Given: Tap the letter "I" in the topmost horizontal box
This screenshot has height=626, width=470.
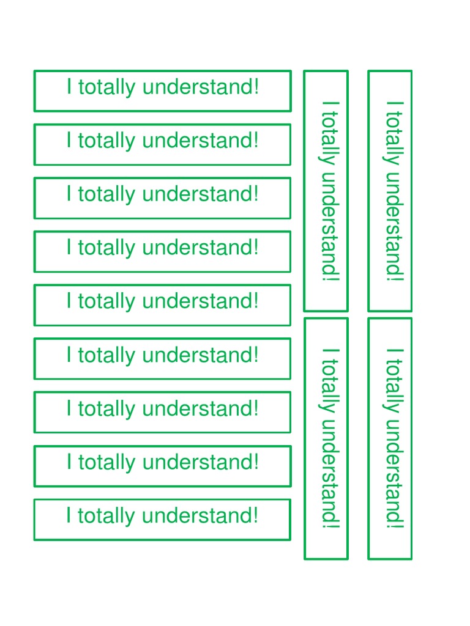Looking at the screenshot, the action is tap(69, 87).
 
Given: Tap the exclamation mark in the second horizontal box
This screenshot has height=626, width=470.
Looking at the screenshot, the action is tap(256, 141).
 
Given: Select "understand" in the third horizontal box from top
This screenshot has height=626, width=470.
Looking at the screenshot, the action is tap(197, 194).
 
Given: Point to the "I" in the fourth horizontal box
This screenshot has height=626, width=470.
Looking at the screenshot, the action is tap(69, 248).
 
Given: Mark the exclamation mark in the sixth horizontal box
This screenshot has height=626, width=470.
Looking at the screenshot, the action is tap(256, 355).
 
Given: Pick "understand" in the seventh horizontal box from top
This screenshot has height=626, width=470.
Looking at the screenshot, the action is tap(197, 408).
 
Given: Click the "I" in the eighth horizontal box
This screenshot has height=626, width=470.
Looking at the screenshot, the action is tap(69, 462).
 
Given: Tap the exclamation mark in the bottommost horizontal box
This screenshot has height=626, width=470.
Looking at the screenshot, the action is tap(256, 515).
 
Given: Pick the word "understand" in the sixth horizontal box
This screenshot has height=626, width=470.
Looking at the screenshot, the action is tap(197, 355).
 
